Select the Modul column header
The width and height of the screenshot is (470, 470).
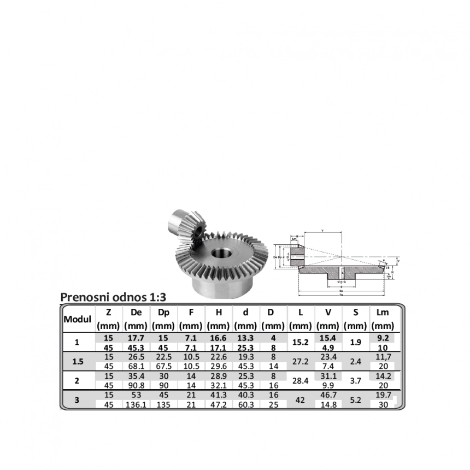tap(77, 319)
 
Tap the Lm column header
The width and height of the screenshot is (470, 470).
tap(383, 313)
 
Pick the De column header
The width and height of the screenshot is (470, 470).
tap(136, 313)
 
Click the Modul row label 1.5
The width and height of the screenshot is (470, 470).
tap(78, 361)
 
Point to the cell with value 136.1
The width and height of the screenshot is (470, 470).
tap(136, 405)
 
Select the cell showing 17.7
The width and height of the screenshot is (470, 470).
tap(136, 338)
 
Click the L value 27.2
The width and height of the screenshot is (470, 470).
tap(301, 361)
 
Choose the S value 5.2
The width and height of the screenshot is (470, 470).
tap(356, 400)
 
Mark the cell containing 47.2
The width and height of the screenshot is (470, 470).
tap(219, 405)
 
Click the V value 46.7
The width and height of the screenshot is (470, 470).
tap(328, 395)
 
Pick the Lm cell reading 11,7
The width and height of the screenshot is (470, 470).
tap(383, 356)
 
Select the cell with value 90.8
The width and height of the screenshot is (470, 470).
tap(136, 385)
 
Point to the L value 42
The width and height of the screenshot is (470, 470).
tap(300, 400)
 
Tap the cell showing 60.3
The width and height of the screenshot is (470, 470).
tap(246, 405)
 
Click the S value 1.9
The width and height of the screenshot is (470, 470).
tap(356, 343)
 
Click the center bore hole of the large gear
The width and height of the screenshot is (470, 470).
tap(221, 255)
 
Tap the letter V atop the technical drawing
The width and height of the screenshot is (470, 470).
tap(322, 231)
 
